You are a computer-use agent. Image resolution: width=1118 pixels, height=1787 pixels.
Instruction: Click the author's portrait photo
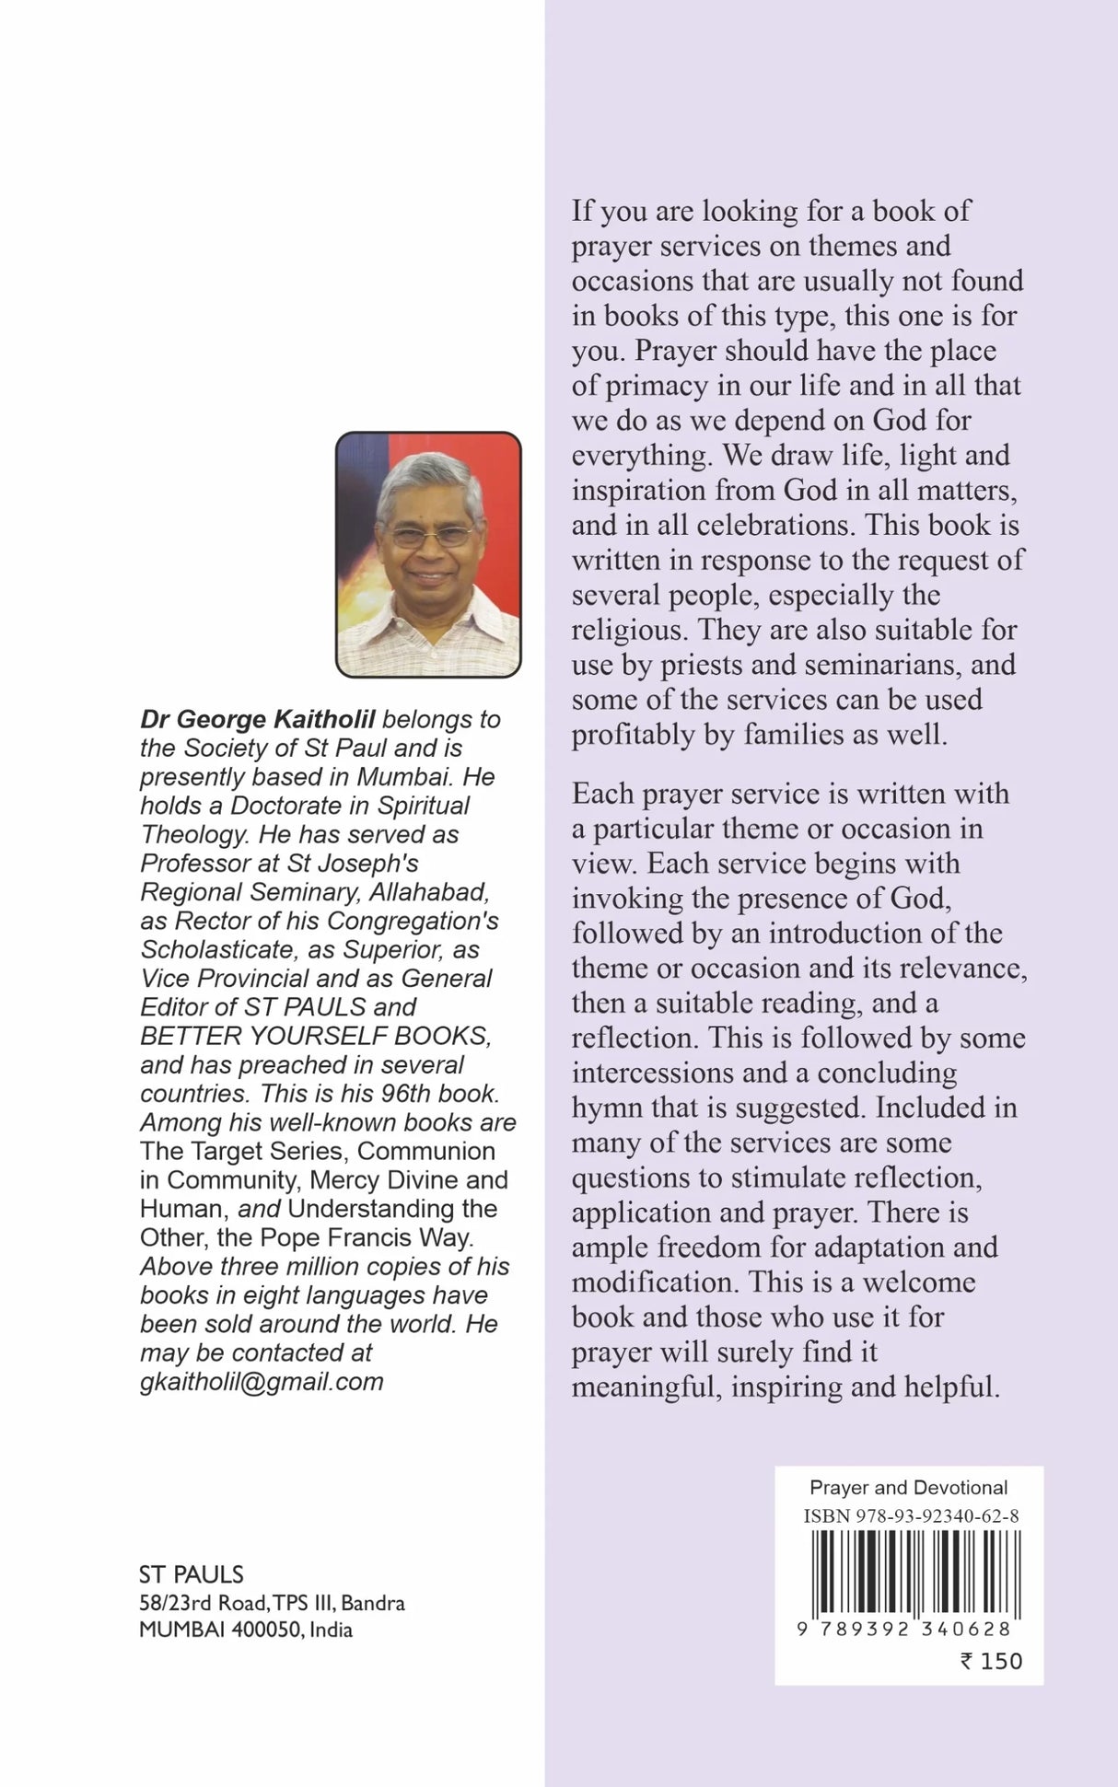pos(428,554)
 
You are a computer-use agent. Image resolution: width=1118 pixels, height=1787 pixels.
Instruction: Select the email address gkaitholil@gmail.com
pos(262,1381)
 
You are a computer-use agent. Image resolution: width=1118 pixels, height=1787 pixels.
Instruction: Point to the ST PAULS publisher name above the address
pos(191,1574)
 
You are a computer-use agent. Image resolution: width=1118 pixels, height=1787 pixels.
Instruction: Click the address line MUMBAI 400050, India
pos(246,1630)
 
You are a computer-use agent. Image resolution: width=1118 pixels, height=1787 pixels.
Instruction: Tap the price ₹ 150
pos(991,1661)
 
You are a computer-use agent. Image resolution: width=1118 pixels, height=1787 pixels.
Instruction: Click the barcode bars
pos(908,1573)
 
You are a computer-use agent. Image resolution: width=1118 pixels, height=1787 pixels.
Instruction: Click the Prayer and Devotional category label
pos(908,1487)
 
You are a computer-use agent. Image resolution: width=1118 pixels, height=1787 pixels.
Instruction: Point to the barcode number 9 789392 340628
pos(904,1629)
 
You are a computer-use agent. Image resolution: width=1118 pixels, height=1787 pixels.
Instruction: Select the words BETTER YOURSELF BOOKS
pos(315,1036)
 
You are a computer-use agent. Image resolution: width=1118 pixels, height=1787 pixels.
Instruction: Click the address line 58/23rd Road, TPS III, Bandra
pos(272,1603)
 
